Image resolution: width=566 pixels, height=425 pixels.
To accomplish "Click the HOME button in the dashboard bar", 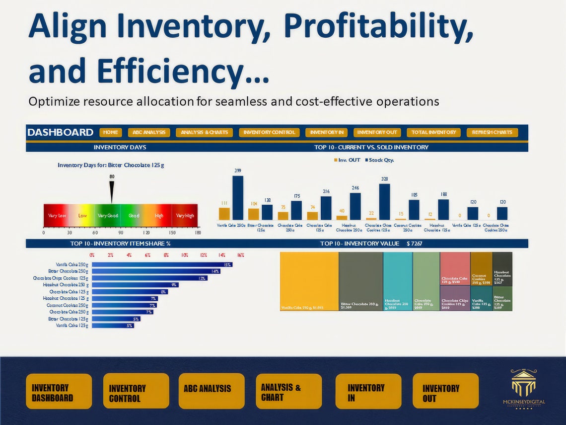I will tap(111, 133).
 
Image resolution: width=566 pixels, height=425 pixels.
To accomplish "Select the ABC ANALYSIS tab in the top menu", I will tap(149, 133).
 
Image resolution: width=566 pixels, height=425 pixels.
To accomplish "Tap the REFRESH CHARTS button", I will tap(492, 133).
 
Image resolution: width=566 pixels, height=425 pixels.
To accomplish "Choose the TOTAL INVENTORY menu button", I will tap(433, 133).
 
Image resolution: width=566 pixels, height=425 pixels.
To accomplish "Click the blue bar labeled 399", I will tap(238, 198).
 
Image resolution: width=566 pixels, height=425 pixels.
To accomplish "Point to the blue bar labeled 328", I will tap(384, 202).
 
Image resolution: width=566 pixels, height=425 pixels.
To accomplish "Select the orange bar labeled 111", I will tap(224, 214).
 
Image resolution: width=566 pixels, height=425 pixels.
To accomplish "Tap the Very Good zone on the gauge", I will tap(108, 216).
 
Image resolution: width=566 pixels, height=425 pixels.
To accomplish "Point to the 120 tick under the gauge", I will tap(146, 232).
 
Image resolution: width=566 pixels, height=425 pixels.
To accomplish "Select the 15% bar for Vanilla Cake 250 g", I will tap(162, 265).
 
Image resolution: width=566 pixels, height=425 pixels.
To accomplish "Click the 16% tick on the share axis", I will tap(241, 255).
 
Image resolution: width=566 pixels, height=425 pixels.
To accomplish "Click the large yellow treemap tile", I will tap(309, 281).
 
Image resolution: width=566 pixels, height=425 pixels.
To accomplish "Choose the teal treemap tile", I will tap(398, 281).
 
